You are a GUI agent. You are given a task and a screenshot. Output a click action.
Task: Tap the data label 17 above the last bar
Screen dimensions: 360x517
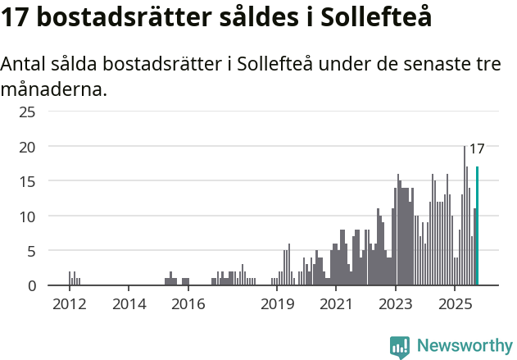(476, 149)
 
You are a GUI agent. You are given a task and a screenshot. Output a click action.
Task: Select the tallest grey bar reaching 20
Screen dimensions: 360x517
(465, 216)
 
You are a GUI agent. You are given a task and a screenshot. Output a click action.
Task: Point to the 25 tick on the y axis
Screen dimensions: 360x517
(27, 112)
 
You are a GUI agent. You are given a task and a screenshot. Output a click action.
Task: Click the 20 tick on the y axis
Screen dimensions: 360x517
(27, 147)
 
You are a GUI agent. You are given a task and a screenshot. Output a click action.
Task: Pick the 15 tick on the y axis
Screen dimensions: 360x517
(27, 181)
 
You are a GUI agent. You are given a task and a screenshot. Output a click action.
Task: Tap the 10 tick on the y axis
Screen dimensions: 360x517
(27, 216)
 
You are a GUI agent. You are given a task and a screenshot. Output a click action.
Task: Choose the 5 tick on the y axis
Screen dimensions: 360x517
(31, 252)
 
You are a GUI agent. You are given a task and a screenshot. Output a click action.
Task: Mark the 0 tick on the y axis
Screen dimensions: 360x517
(31, 286)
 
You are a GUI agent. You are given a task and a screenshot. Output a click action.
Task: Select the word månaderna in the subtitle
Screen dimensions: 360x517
(54, 89)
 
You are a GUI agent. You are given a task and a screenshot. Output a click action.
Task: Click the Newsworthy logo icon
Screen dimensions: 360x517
(399, 347)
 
